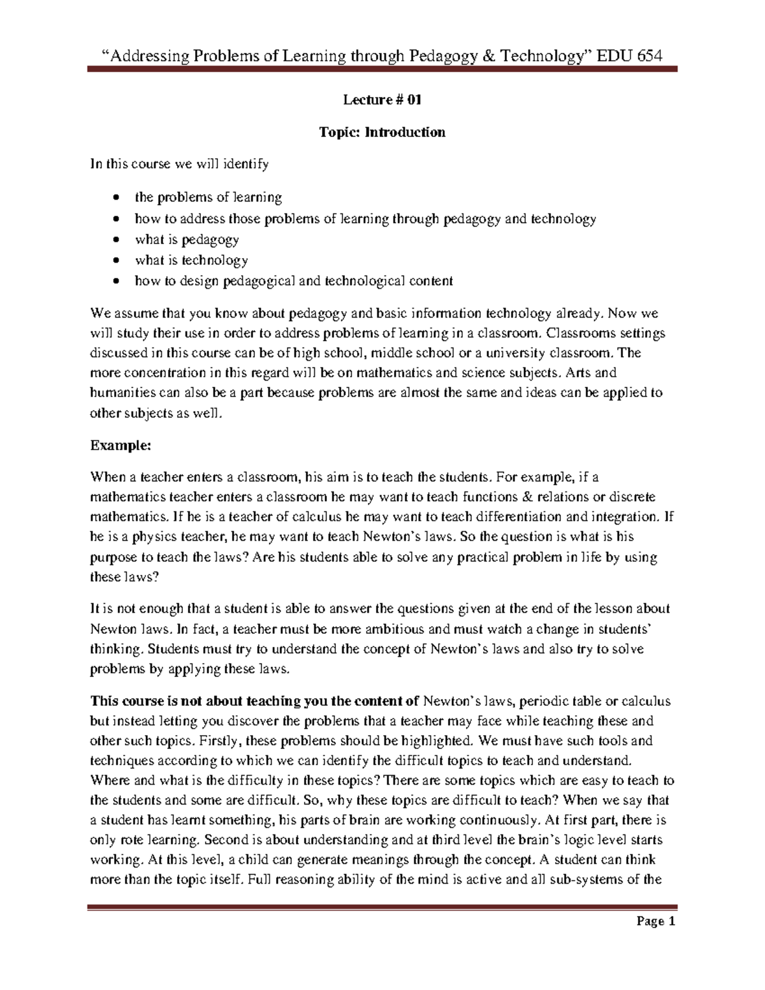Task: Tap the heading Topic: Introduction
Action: pyautogui.click(x=382, y=132)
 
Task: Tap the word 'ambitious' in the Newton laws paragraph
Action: pyautogui.click(x=395, y=629)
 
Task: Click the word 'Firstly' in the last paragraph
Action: pyautogui.click(x=220, y=741)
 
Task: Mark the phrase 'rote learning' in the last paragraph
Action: pyautogui.click(x=161, y=840)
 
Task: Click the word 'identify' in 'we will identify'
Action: pyautogui.click(x=245, y=164)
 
